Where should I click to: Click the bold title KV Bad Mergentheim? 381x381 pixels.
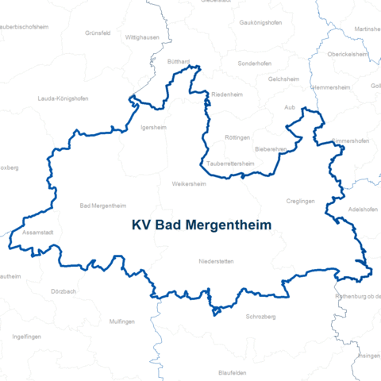pyautogui.click(x=202, y=225)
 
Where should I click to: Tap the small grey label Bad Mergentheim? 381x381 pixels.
pyautogui.click(x=103, y=206)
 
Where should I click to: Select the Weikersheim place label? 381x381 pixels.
pyautogui.click(x=189, y=183)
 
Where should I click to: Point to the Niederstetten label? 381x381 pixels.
pyautogui.click(x=216, y=261)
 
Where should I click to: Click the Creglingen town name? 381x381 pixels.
pyautogui.click(x=302, y=202)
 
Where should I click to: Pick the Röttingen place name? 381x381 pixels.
pyautogui.click(x=237, y=137)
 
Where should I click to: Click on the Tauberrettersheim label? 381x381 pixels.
pyautogui.click(x=230, y=164)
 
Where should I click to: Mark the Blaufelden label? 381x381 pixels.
pyautogui.click(x=233, y=371)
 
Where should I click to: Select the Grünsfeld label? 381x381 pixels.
pyautogui.click(x=98, y=33)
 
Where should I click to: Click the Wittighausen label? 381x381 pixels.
pyautogui.click(x=143, y=37)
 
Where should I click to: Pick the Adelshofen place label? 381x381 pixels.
pyautogui.click(x=364, y=210)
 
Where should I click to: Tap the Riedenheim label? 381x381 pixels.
pyautogui.click(x=226, y=94)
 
